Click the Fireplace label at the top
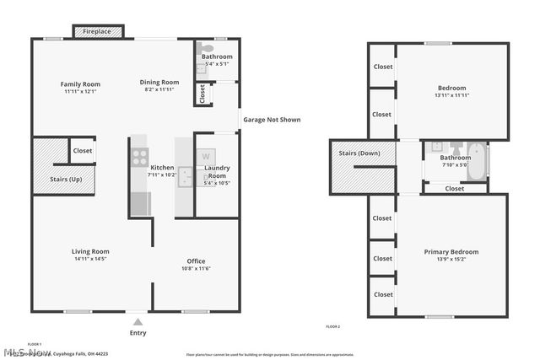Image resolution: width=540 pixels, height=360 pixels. coord(99,32)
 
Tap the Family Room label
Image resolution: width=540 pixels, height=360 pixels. coord(80,83)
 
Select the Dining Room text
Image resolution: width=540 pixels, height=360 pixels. coord(159,82)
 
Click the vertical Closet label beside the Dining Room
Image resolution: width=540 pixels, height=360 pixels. coord(202,94)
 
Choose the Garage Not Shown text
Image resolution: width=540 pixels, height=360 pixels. coord(272,120)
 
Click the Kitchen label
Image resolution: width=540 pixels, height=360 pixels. coord(162,167)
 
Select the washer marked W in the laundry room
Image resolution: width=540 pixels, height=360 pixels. coord(206,157)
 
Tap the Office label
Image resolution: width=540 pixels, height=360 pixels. coord(196,261)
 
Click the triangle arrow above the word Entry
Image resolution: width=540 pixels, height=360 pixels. coord(138,321)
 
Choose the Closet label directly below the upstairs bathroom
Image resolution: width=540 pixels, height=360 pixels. coord(454,189)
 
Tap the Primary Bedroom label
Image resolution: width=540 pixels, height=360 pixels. coord(451,251)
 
